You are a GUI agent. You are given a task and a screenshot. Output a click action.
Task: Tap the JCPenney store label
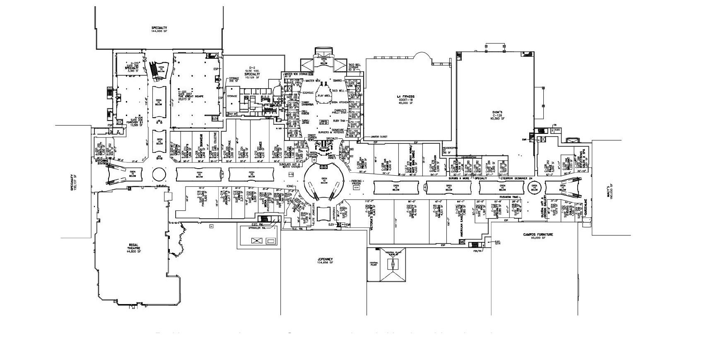[325, 261]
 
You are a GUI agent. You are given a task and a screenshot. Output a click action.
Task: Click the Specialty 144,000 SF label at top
[159, 29]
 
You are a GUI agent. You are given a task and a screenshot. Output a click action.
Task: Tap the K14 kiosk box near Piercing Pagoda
[356, 188]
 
